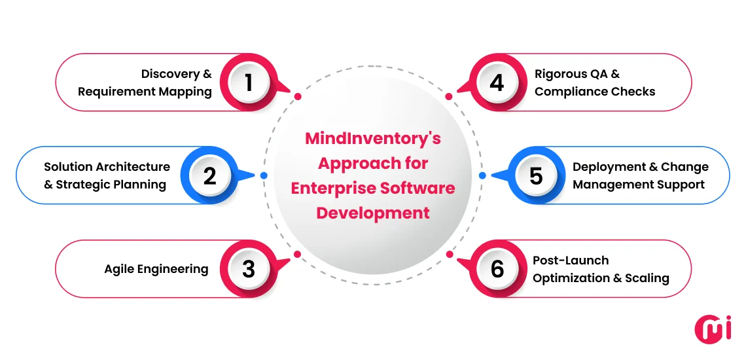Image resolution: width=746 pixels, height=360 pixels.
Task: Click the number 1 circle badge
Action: [x=248, y=82]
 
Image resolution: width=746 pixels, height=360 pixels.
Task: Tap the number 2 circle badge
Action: [x=209, y=175]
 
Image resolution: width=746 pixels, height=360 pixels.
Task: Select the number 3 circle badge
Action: [x=248, y=269]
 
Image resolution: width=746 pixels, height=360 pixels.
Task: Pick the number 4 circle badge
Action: [x=497, y=82]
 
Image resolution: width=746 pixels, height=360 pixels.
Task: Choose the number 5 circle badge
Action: [x=536, y=175]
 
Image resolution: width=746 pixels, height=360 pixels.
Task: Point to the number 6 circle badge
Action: [x=497, y=269]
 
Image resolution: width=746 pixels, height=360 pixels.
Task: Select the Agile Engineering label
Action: [x=156, y=269]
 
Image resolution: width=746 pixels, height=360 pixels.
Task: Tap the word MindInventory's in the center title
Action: [x=373, y=139]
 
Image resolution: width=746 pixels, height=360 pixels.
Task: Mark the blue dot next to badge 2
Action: [x=263, y=175]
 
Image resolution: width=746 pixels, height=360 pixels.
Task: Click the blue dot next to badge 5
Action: [x=482, y=175]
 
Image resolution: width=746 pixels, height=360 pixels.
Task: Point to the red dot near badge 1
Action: [x=298, y=96]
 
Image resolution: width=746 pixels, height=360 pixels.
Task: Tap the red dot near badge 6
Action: [x=449, y=254]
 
